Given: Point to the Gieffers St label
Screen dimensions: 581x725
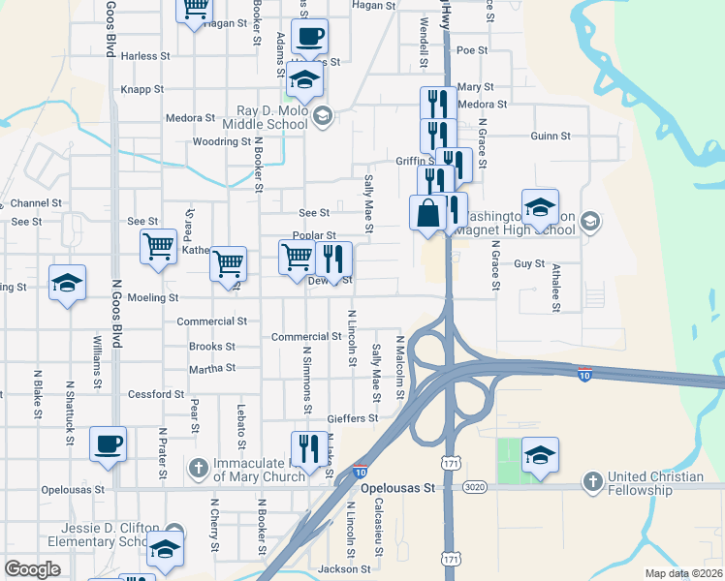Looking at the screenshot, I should coord(352,418).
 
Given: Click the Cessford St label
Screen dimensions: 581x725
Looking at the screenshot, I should coord(156,395).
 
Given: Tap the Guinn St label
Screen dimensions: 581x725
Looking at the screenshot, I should coord(551,137).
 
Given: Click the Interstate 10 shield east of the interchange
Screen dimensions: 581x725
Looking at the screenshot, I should coord(583,374).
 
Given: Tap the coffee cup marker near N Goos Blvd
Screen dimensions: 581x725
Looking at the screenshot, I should coord(108,443).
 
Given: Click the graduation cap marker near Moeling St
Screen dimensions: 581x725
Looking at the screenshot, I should coord(67,282).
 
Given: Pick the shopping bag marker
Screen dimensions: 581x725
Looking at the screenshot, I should coord(427,212).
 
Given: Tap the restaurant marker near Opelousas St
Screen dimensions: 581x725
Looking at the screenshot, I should coord(308,447).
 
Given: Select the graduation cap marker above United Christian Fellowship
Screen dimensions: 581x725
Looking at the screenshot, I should coord(540,454).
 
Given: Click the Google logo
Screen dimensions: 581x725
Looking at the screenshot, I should coord(32,569).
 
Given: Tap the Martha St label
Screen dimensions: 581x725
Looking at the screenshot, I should coord(212,369).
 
